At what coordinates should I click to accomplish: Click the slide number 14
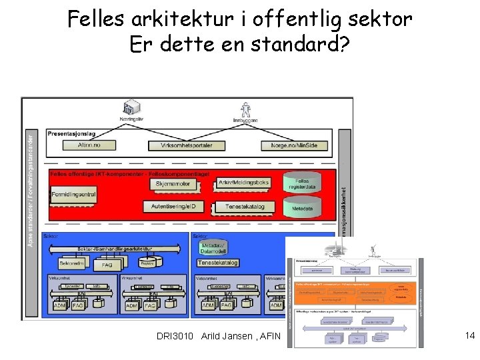click(469, 336)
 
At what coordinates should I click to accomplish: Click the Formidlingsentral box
click(73, 195)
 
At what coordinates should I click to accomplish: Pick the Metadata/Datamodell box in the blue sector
click(213, 248)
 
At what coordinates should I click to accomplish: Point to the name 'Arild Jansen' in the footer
click(224, 336)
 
